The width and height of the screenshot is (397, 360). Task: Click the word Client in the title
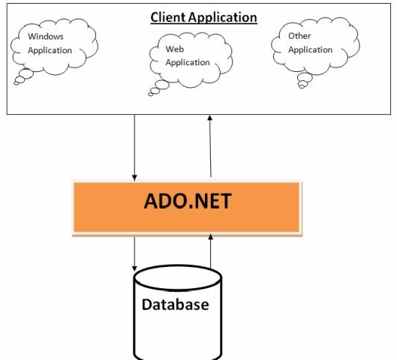point(170,16)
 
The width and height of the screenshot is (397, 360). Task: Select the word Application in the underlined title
point(224,16)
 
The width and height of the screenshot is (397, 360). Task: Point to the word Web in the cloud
point(174,49)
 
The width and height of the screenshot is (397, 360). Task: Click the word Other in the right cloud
point(299,35)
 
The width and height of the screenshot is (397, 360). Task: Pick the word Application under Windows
point(50,50)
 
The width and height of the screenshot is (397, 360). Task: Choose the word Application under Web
point(188,63)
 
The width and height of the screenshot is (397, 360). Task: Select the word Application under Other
point(310,49)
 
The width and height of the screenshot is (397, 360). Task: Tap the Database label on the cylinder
point(175,304)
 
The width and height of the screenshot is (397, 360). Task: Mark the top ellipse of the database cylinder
point(177,277)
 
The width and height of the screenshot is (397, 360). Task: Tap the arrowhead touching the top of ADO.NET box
point(134,176)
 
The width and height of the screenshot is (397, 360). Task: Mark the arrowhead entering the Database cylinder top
point(134,268)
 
